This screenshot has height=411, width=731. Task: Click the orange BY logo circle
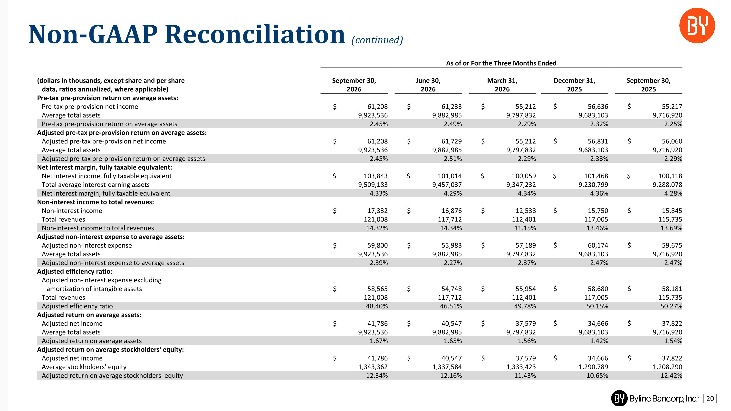[697, 26]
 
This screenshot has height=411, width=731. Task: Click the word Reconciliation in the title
[255, 34]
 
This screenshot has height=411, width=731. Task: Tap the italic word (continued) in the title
[377, 40]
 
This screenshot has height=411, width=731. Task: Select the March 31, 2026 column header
[502, 85]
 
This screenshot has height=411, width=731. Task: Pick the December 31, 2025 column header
[574, 85]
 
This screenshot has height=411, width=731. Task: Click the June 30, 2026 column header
[428, 85]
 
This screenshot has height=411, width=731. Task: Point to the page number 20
[710, 399]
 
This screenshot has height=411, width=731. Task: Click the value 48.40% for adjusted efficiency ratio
[377, 306]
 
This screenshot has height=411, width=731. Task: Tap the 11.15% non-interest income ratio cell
[525, 228]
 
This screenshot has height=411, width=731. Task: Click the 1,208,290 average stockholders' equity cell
[667, 367]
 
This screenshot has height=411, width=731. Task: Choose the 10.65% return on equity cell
[597, 375]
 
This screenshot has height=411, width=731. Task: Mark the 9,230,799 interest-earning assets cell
[593, 185]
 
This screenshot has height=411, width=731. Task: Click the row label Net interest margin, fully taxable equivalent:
[105, 167]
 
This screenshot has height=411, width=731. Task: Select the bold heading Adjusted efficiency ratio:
[75, 271]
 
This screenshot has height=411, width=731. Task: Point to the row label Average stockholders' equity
[84, 367]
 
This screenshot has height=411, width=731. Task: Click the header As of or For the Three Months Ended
[501, 63]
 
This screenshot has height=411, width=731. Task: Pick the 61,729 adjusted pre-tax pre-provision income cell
[452, 141]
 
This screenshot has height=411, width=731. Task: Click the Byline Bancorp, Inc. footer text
[664, 399]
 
